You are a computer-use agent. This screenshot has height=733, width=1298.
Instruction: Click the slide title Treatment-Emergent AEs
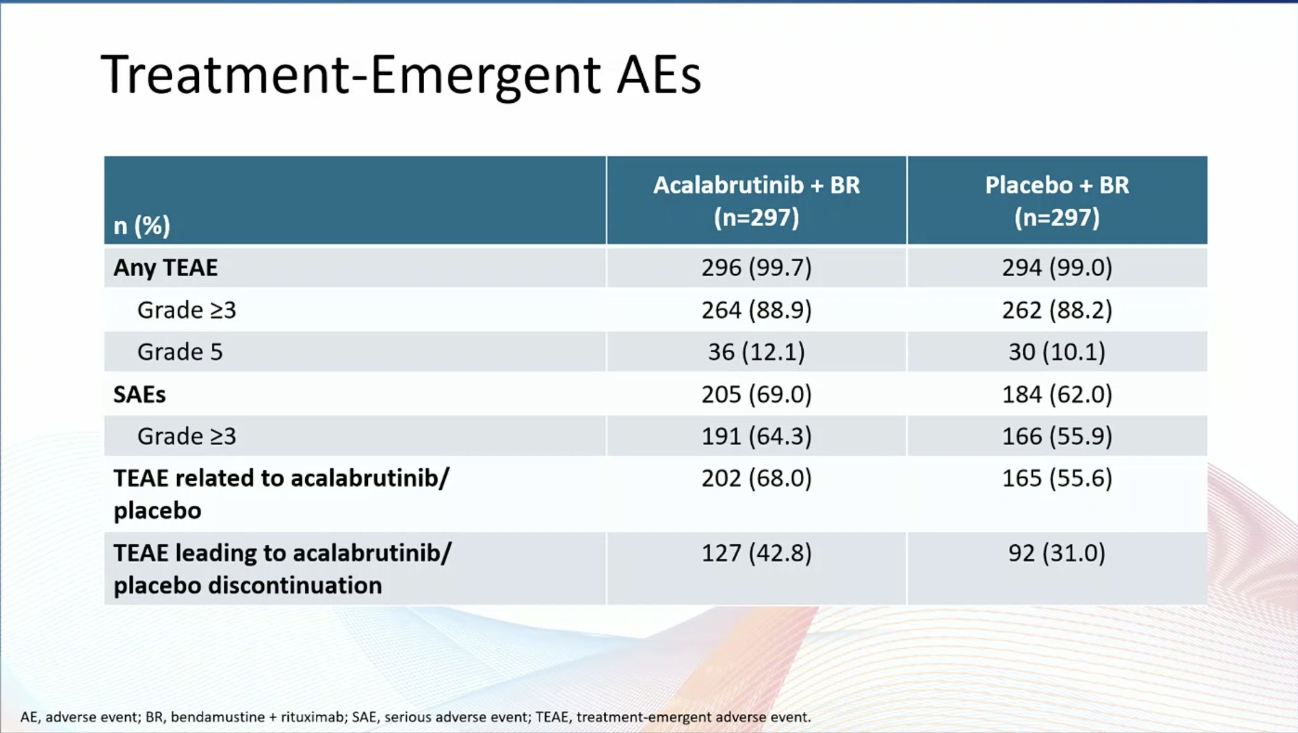[401, 76]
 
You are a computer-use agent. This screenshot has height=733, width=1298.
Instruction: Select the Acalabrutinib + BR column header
[756, 201]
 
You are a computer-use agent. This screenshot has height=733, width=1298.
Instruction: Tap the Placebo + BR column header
[1057, 201]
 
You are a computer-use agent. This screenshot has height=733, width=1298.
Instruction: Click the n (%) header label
[142, 225]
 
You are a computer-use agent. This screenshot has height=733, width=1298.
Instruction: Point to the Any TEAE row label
[165, 267]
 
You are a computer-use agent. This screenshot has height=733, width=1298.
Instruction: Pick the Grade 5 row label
[180, 352]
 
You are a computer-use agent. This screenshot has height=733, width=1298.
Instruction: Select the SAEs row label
[139, 394]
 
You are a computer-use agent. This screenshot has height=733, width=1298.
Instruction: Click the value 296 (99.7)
[756, 267]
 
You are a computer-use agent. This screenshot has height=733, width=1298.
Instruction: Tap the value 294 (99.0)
[1057, 267]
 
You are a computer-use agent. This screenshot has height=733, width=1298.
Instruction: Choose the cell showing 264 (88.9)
[756, 310]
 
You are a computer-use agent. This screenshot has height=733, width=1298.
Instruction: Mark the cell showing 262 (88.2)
[1057, 310]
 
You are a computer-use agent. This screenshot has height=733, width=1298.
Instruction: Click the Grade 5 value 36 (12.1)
[756, 352]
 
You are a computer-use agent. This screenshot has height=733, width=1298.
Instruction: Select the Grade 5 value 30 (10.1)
[1057, 352]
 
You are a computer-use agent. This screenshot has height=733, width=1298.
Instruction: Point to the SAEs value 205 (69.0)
[756, 394]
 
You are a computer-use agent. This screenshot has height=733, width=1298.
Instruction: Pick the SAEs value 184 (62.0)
[1057, 394]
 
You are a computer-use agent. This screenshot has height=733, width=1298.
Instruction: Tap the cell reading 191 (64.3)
[756, 436]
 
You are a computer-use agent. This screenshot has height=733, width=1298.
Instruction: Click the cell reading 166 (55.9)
[1057, 436]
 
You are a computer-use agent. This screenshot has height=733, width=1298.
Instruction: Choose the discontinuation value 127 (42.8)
[756, 553]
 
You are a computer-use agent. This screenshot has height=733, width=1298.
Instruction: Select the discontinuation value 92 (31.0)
[1057, 553]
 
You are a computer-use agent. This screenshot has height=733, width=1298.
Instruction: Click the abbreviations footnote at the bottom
[416, 717]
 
